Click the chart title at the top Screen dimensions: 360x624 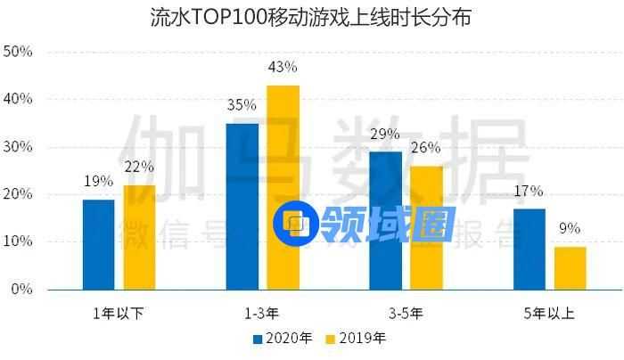311,18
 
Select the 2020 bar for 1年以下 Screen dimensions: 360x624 98,244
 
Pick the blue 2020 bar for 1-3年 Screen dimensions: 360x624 242,206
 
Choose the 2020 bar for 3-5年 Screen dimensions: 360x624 385,220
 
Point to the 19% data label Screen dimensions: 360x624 98,181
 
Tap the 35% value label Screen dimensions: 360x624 242,105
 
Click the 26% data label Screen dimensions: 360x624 426,148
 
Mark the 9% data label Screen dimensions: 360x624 570,229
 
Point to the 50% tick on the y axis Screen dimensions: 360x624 19,52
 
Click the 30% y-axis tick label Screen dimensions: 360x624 19,147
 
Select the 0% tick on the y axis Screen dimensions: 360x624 22,290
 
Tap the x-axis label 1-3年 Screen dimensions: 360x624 262,313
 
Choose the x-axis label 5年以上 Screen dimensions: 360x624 549,313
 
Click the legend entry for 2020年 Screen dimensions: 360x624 283,339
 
